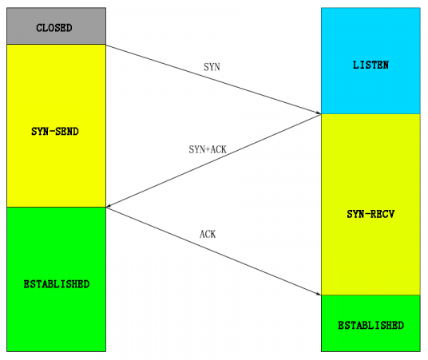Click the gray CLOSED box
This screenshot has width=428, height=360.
click(x=55, y=26)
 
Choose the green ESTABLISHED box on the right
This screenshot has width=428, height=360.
click(x=371, y=323)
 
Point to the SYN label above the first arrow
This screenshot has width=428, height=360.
click(x=212, y=68)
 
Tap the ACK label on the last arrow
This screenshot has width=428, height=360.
click(x=208, y=235)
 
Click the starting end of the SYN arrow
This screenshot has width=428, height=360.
click(x=107, y=45)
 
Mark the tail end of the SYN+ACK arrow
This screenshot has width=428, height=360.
click(x=319, y=115)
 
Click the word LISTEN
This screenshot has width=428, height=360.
click(x=371, y=65)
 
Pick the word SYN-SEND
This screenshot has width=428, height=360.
click(x=55, y=130)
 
